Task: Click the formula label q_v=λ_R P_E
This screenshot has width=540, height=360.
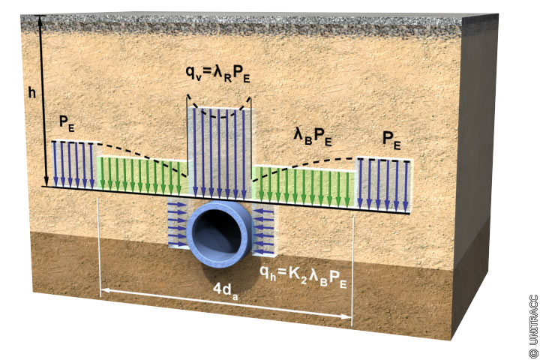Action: coord(219,74)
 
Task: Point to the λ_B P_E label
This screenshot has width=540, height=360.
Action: coord(313,138)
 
